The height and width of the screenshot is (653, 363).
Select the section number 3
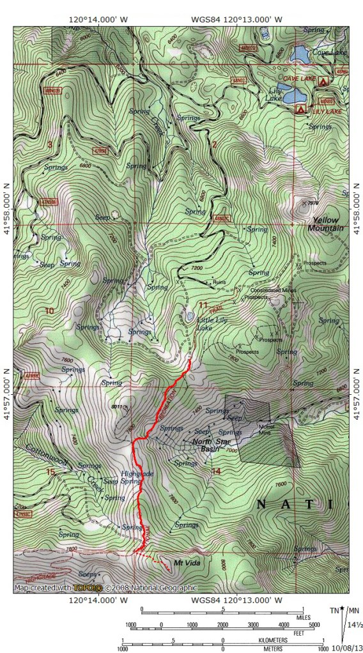[x=49, y=144]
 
